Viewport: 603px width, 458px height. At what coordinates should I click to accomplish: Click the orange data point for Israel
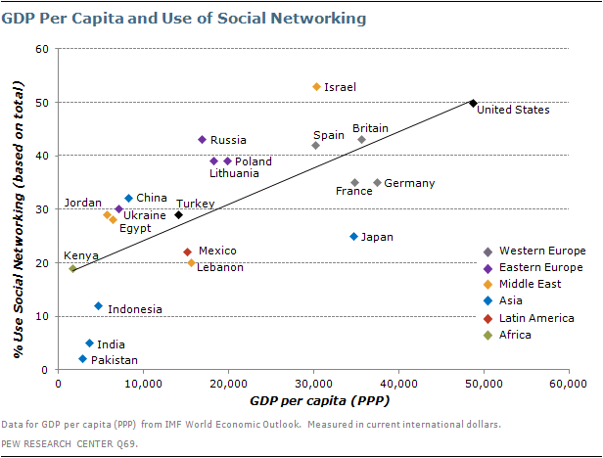[316, 87]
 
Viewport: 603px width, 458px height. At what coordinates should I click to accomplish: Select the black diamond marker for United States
[473, 103]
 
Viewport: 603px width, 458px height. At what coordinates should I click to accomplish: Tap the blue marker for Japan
[353, 237]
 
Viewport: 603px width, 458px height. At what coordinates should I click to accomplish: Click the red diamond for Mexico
[188, 252]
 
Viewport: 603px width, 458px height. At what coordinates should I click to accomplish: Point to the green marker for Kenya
[72, 268]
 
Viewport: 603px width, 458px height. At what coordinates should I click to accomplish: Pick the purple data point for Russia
[202, 140]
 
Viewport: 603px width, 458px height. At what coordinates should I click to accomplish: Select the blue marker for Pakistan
[83, 359]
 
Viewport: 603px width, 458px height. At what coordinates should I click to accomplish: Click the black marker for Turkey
[178, 215]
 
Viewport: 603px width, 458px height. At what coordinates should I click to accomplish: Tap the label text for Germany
[409, 183]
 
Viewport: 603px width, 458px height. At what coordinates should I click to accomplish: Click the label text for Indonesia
[134, 309]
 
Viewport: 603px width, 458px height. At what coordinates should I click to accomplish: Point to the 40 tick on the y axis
[43, 156]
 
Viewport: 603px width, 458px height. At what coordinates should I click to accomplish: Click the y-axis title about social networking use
[18, 208]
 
